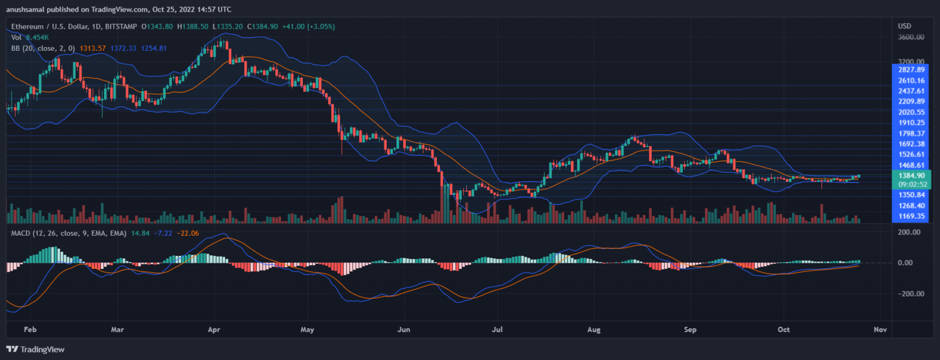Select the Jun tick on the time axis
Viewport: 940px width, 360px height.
(x=404, y=329)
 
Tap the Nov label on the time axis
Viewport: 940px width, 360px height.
(x=880, y=329)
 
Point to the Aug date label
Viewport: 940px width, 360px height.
(x=595, y=329)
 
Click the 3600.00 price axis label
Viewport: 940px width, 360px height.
(x=911, y=37)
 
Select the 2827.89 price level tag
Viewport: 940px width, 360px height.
(x=912, y=70)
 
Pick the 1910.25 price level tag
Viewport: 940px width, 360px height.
(x=912, y=122)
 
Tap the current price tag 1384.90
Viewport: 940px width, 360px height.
(x=912, y=175)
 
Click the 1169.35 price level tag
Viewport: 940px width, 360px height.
(x=912, y=216)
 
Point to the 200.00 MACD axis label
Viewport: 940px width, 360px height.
(x=909, y=233)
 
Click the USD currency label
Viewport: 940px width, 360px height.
(x=905, y=26)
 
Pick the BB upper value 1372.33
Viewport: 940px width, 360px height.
(x=124, y=48)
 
